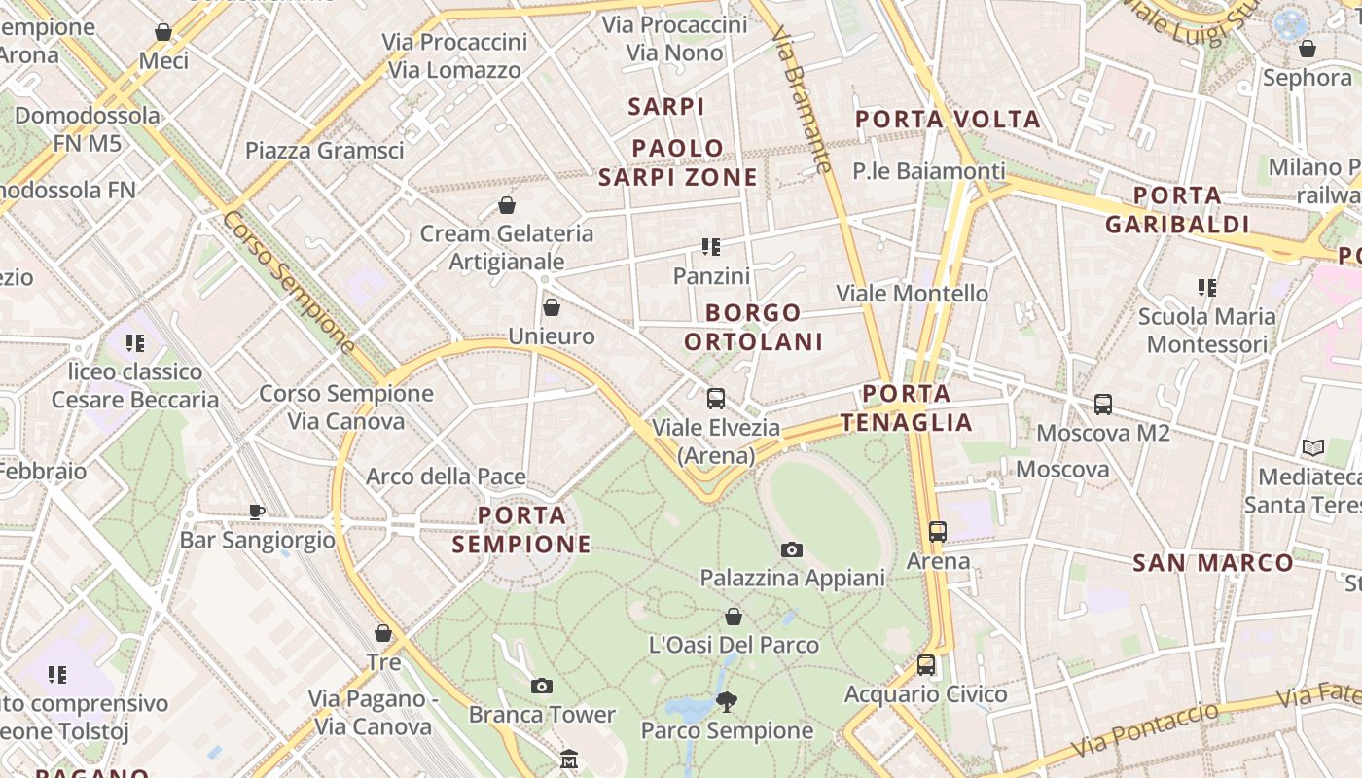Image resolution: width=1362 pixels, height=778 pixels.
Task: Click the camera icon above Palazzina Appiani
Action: (x=792, y=549)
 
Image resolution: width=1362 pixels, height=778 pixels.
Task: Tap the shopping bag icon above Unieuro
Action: (x=552, y=307)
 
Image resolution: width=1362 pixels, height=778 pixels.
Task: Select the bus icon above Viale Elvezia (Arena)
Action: (x=716, y=398)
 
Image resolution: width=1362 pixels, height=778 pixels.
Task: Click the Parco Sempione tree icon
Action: (x=726, y=701)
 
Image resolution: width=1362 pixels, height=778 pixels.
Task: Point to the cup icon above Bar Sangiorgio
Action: (x=257, y=511)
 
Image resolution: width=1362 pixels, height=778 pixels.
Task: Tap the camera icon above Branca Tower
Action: (x=542, y=686)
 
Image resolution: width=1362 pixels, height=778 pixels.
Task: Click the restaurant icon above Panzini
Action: (x=711, y=247)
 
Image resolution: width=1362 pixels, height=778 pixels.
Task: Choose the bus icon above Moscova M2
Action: (x=1102, y=404)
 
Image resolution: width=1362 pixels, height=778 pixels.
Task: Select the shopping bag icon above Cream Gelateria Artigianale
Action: (x=506, y=204)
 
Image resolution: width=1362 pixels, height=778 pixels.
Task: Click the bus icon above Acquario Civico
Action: (x=926, y=665)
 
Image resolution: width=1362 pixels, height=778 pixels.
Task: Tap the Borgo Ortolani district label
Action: (x=754, y=327)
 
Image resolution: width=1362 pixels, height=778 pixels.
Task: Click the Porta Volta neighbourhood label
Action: (x=948, y=120)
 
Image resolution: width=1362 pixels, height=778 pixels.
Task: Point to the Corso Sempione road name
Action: (x=288, y=281)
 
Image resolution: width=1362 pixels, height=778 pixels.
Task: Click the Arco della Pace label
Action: (x=446, y=477)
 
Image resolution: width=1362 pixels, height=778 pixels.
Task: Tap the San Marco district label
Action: (x=1213, y=563)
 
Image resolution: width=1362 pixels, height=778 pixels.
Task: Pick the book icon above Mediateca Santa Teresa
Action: (x=1313, y=448)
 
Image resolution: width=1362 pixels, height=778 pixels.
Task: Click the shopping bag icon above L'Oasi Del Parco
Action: (x=734, y=617)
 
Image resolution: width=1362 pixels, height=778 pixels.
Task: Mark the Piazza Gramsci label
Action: (x=324, y=150)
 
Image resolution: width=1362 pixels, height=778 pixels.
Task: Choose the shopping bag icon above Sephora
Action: (x=1308, y=48)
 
